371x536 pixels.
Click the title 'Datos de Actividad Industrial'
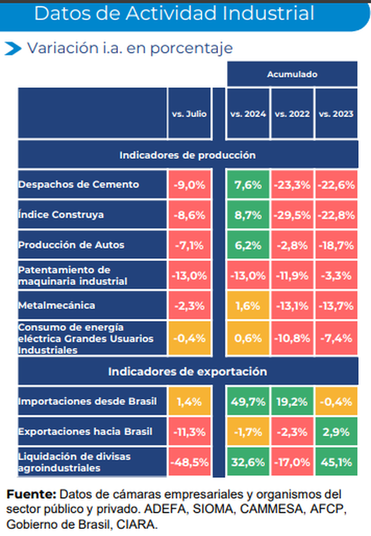[x=174, y=14]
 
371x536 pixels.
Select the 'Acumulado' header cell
[x=292, y=74]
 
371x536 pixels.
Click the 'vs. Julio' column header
[x=189, y=114]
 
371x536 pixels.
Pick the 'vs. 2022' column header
[x=292, y=114]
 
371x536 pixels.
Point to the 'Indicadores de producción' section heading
[x=188, y=155]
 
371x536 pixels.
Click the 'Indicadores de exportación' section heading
[x=188, y=372]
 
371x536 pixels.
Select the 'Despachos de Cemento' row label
[x=78, y=184]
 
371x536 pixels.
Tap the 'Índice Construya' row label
[x=61, y=214]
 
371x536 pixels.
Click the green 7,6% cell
[x=248, y=184]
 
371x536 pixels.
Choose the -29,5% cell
[x=292, y=214]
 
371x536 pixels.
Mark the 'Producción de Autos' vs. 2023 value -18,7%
[x=336, y=245]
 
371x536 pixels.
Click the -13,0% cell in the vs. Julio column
[x=189, y=276]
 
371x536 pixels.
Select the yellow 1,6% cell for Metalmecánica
[x=248, y=306]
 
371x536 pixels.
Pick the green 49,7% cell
[x=248, y=402]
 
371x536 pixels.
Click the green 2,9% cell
[x=336, y=432]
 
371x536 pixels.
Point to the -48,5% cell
[x=189, y=462]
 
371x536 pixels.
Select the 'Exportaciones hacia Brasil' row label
[x=85, y=432]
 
